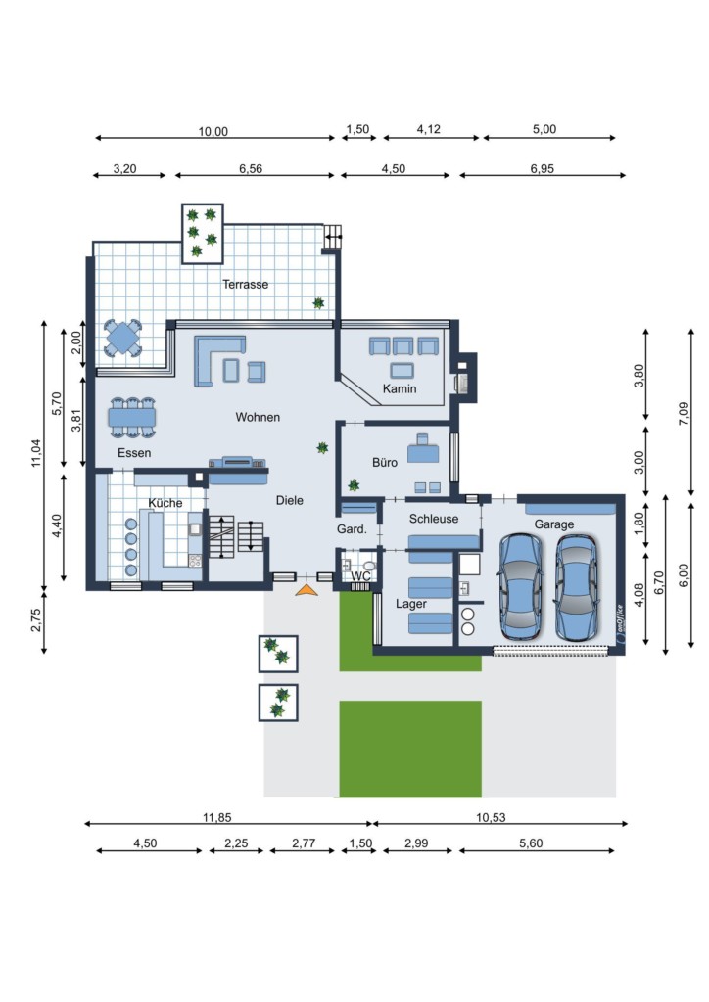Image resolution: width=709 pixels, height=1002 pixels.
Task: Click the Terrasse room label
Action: pyautogui.click(x=246, y=285)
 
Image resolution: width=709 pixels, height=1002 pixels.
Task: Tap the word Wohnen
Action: pyautogui.click(x=258, y=417)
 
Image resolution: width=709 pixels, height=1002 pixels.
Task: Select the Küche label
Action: pyautogui.click(x=165, y=503)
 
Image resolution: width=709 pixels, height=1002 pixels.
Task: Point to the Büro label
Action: pyautogui.click(x=385, y=462)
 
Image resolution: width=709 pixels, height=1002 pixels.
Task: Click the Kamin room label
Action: pyautogui.click(x=400, y=388)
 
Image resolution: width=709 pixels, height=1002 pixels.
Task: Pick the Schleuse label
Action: pyautogui.click(x=434, y=519)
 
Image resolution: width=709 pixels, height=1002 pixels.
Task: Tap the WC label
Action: pyautogui.click(x=361, y=576)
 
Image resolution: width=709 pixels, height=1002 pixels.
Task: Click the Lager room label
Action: pyautogui.click(x=411, y=604)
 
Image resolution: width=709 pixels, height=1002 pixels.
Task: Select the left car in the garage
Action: pyautogui.click(x=520, y=586)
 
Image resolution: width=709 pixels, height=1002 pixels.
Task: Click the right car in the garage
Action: pyautogui.click(x=576, y=586)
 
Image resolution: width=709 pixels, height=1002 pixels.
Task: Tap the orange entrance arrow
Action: pyautogui.click(x=307, y=590)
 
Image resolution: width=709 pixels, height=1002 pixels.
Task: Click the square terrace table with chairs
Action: pyautogui.click(x=122, y=337)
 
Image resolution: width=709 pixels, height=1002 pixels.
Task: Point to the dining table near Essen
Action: pyautogui.click(x=131, y=417)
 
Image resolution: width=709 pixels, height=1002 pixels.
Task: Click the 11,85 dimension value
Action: pyautogui.click(x=216, y=817)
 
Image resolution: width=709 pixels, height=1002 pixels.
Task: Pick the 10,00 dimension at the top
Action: pyautogui.click(x=213, y=132)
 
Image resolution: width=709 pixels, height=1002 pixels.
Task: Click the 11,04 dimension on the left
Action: pyautogui.click(x=36, y=452)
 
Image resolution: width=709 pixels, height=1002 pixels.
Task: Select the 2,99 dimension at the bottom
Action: pyautogui.click(x=416, y=843)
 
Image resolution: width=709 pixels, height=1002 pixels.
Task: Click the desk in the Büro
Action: pyautogui.click(x=423, y=450)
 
